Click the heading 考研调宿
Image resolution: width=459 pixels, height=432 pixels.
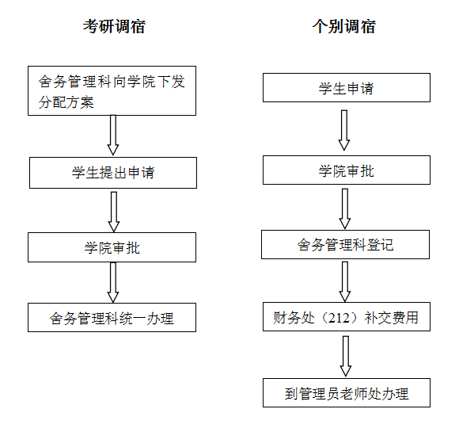pyautogui.click(x=114, y=26)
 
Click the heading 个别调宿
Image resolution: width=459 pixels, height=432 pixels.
pyautogui.click(x=344, y=26)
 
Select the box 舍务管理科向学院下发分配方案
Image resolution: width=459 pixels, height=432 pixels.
pyautogui.click(x=112, y=90)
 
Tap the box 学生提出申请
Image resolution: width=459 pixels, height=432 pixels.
pyautogui.click(x=113, y=173)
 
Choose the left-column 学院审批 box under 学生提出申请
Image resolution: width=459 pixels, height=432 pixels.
pyautogui.click(x=112, y=247)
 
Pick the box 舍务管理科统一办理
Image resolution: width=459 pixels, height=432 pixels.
pyautogui.click(x=112, y=318)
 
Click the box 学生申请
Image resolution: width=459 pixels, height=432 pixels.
pyautogui.click(x=347, y=88)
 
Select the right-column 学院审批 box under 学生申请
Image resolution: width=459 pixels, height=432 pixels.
pyautogui.click(x=347, y=170)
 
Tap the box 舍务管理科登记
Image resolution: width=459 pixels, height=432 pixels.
pyautogui.click(x=345, y=245)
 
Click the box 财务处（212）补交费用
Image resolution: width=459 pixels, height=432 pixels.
pyautogui.click(x=347, y=317)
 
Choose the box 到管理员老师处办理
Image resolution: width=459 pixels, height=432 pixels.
pyautogui.click(x=347, y=392)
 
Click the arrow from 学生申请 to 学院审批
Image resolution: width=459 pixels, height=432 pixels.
pyautogui.click(x=344, y=130)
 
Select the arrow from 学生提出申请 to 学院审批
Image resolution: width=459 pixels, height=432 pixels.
pyautogui.click(x=114, y=212)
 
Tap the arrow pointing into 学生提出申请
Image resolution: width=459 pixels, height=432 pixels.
pyautogui.click(x=113, y=135)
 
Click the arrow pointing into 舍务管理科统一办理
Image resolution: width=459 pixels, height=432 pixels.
pyautogui.click(x=113, y=282)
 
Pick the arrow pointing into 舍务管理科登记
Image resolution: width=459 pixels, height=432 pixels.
pyautogui.click(x=345, y=208)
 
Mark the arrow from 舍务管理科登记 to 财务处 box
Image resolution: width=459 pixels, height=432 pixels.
pyautogui.click(x=345, y=282)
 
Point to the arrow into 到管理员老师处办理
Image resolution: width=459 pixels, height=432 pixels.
pyautogui.click(x=346, y=357)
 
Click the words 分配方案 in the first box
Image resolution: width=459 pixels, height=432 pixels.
pyautogui.click(x=66, y=102)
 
